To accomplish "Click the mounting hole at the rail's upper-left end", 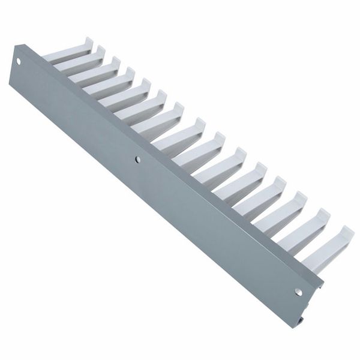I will click(x=19, y=61).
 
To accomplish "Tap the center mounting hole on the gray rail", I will click(x=137, y=160).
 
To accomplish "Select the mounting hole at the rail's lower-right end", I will click(x=298, y=292).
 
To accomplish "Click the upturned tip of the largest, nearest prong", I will click(x=346, y=233).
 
